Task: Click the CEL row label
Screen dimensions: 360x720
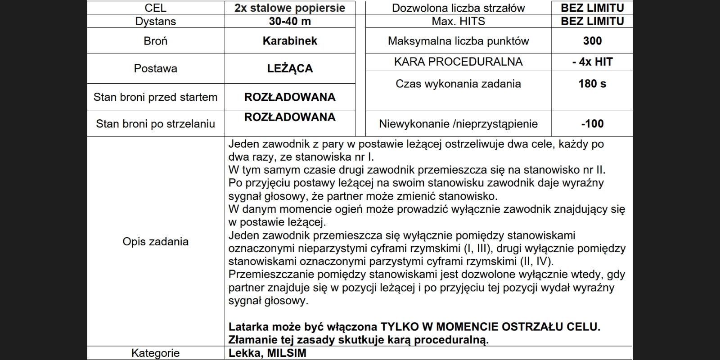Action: (155, 8)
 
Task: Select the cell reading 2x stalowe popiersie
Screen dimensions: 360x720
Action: (290, 8)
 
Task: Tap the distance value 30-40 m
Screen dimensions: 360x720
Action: (290, 21)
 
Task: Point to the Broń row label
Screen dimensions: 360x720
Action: (155, 41)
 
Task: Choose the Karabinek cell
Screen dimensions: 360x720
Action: (290, 41)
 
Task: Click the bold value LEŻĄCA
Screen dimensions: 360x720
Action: (290, 68)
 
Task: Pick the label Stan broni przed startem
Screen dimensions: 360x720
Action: (155, 97)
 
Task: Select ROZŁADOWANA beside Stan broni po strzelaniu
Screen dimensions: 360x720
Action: (290, 117)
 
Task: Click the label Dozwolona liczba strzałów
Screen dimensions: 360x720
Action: (458, 8)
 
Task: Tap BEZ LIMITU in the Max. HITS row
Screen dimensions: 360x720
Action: (592, 21)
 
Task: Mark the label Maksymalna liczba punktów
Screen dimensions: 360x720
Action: (458, 41)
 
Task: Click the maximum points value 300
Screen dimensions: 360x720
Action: (592, 41)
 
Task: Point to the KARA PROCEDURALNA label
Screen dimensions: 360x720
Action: (458, 62)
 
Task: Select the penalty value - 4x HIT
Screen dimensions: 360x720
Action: (592, 62)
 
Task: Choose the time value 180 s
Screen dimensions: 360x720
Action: (592, 84)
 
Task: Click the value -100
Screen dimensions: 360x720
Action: (592, 124)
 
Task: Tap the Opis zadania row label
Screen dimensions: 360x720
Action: (155, 242)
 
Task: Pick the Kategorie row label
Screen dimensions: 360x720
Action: (155, 353)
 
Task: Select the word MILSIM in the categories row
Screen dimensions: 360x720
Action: (287, 353)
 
